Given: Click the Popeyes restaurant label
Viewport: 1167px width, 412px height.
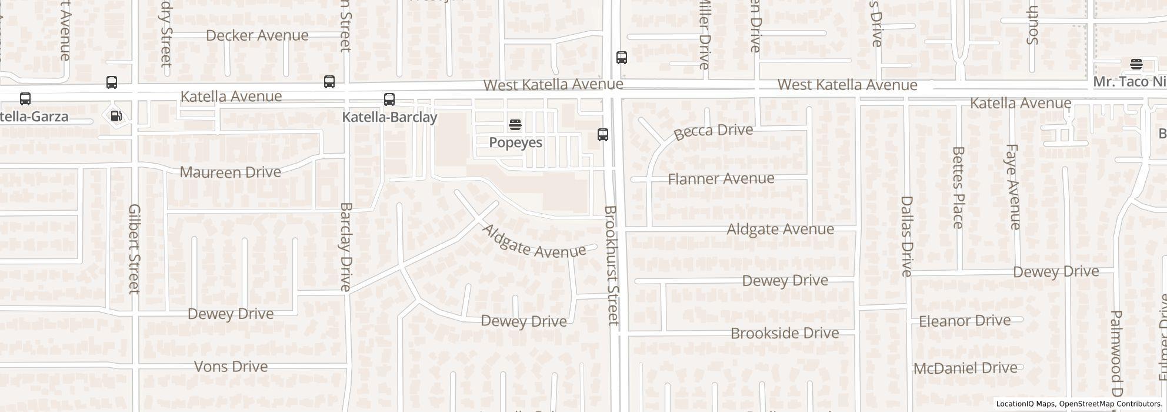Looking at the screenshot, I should click(515, 142).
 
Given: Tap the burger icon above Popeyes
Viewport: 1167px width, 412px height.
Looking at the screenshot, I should click(515, 125).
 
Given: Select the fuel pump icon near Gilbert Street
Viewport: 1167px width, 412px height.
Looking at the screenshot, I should click(116, 116).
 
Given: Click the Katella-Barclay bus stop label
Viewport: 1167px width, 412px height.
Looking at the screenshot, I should click(389, 117).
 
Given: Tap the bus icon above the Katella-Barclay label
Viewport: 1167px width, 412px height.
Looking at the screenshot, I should click(389, 99).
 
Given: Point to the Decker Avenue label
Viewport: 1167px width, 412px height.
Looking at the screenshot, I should click(257, 35).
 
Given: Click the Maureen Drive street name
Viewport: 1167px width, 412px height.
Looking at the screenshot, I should click(230, 172).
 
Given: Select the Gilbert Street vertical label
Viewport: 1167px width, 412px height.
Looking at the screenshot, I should click(134, 248).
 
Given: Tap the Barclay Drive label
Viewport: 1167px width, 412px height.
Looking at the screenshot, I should click(346, 247).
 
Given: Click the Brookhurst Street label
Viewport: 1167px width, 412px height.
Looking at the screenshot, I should click(612, 265).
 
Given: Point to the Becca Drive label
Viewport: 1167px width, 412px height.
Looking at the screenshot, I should click(713, 131).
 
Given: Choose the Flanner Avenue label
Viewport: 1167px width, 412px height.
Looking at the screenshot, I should click(721, 178).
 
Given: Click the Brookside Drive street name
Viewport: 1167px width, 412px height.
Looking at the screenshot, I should click(784, 333).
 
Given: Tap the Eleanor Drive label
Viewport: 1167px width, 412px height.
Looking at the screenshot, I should click(964, 321).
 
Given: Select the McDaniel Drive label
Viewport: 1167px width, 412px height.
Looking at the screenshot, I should click(965, 368).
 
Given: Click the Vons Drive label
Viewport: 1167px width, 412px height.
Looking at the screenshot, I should click(231, 367).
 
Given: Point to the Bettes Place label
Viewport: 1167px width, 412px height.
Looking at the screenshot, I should click(958, 188).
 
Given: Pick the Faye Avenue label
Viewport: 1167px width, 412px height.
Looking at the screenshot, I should click(1013, 187).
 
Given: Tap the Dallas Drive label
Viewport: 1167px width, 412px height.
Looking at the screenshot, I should click(906, 236).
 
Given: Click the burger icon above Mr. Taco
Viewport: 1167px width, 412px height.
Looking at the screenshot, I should click(1136, 64).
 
